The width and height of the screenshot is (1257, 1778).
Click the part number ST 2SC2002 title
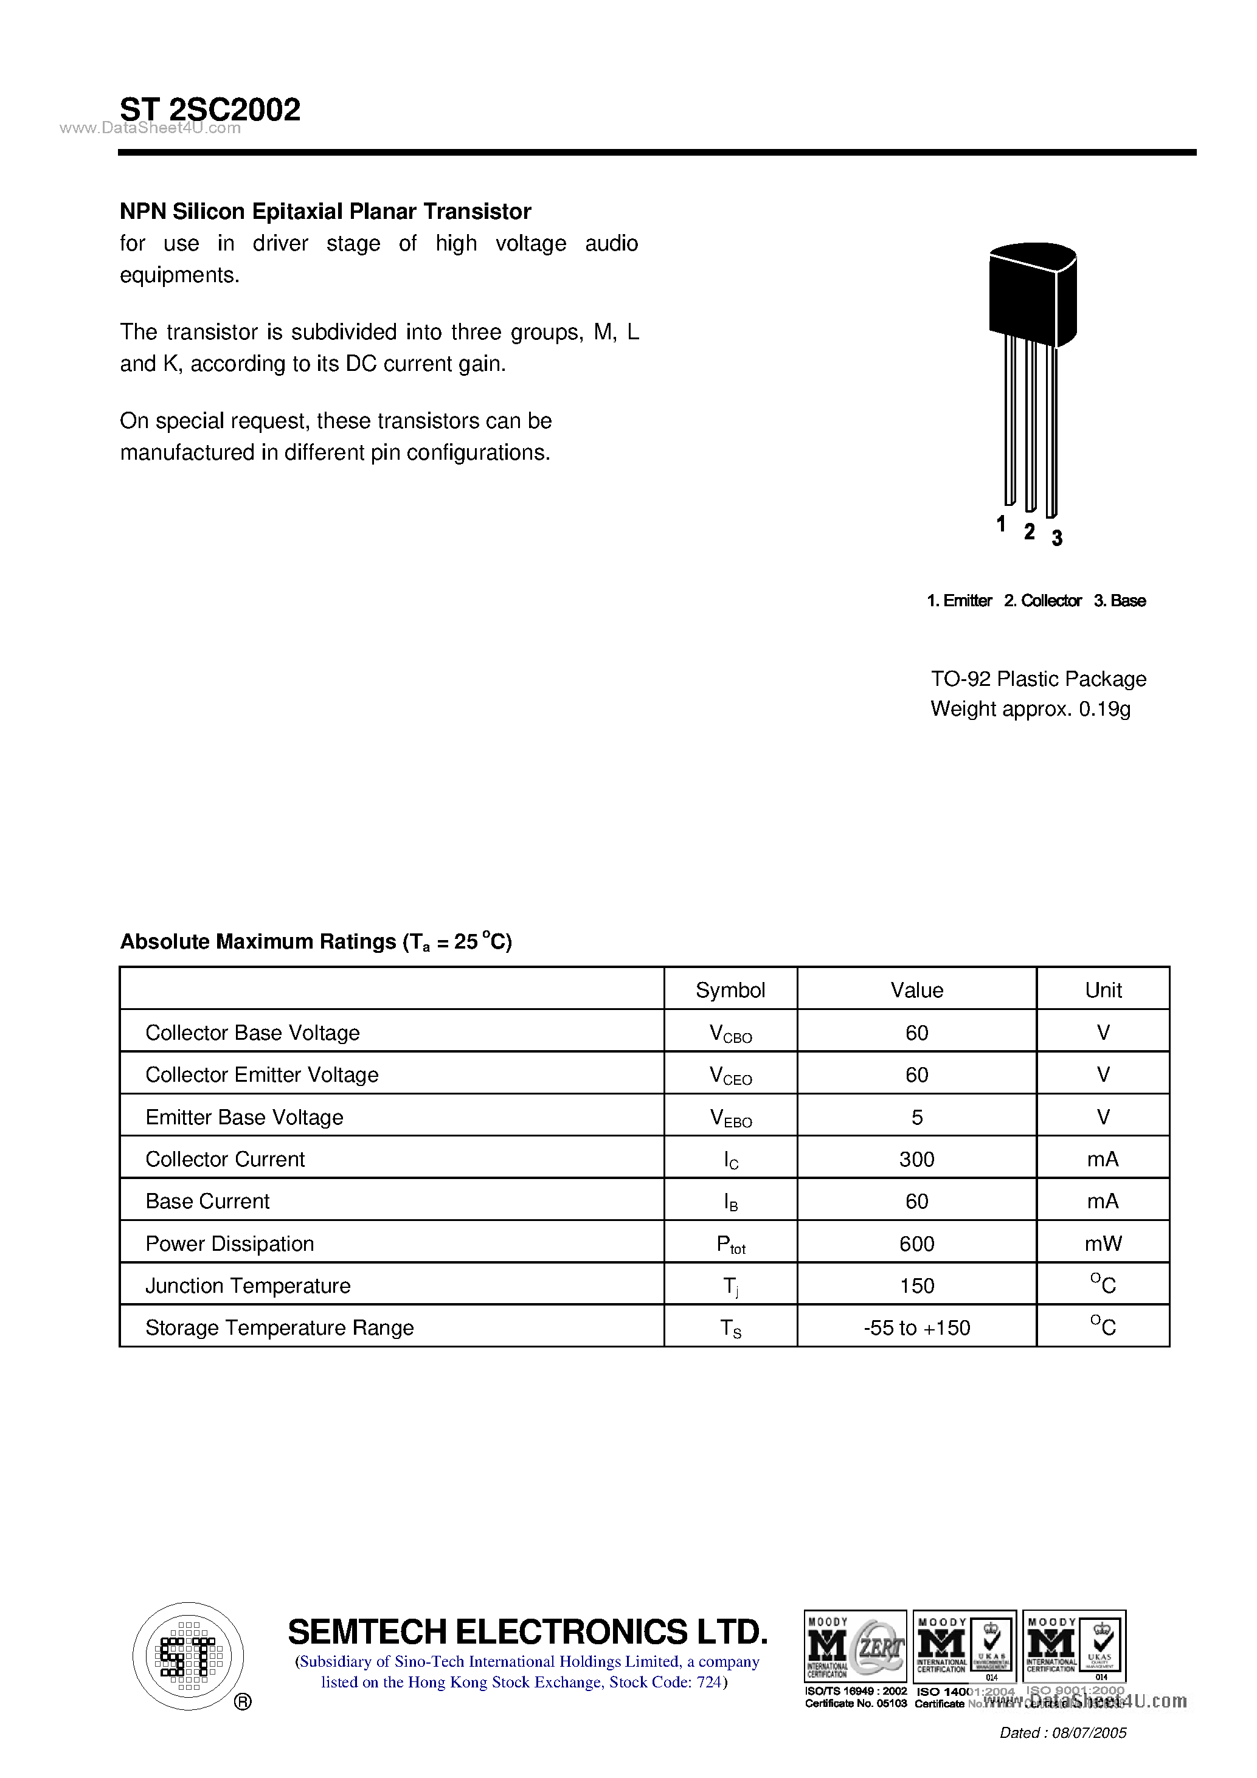click(x=210, y=110)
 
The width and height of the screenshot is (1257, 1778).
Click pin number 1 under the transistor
click(x=1000, y=524)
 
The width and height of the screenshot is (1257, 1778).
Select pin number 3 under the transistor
click(x=1056, y=538)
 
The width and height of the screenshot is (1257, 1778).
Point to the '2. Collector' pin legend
click(x=1042, y=601)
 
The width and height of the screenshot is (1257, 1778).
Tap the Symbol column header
click(x=730, y=990)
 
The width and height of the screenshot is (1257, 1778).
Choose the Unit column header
click(x=1103, y=990)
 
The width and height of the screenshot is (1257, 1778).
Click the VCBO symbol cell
click(x=730, y=1034)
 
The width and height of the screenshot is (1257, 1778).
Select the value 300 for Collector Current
click(x=916, y=1159)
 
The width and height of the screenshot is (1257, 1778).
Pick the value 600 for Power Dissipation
click(x=916, y=1244)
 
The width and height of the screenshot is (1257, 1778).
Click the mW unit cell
click(x=1103, y=1244)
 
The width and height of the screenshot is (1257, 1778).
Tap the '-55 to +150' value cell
click(x=916, y=1328)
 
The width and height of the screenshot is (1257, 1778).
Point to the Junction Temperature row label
click(x=248, y=1285)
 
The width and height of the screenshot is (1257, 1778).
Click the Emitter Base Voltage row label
click(x=244, y=1118)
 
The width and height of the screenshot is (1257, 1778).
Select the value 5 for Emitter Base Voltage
click(x=917, y=1118)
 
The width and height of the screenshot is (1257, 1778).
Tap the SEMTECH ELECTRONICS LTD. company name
click(x=527, y=1631)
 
